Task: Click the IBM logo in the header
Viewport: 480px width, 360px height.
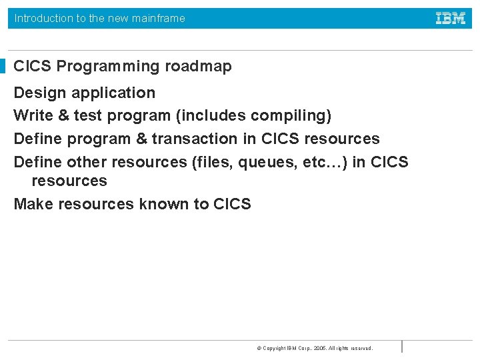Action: (451, 18)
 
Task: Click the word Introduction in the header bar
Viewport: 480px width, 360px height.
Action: (43, 19)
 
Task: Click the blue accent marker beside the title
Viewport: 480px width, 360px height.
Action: (3, 67)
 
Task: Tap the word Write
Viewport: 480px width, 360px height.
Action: (33, 116)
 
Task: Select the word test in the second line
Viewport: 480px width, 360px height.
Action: (88, 116)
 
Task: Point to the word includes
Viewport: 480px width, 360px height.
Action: (212, 116)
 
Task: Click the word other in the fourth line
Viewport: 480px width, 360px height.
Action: (87, 162)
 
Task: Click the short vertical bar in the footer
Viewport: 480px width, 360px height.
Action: (402, 347)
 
